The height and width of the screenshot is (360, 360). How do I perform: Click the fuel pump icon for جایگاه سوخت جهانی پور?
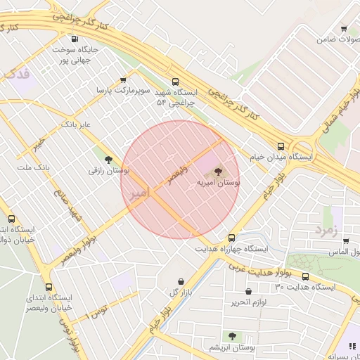coord(75,39)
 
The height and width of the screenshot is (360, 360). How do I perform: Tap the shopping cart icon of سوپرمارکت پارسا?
coord(124,80)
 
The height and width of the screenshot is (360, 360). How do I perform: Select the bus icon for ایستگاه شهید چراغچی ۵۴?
coord(175,82)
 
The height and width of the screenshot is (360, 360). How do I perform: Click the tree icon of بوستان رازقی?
coord(108,160)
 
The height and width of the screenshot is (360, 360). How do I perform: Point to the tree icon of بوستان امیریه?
coord(217,170)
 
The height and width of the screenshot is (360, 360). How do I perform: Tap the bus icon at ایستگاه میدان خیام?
coord(281,147)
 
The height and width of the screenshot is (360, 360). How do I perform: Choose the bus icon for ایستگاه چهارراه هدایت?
coord(231,238)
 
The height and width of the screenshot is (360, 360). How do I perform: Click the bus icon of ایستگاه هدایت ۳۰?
coord(305,276)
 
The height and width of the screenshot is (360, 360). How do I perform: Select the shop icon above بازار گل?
coord(181,281)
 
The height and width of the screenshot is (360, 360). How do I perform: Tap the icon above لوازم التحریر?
coord(248,291)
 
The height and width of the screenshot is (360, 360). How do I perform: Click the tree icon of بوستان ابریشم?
coord(232,336)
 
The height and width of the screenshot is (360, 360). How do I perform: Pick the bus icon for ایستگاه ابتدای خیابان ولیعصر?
coord(49,287)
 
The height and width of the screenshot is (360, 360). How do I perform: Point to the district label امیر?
coord(139,192)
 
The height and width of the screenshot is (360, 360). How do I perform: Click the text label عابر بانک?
coord(77,124)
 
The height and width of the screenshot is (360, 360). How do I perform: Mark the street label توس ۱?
coord(96,311)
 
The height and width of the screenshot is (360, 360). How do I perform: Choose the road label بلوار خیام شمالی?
coord(339,113)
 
